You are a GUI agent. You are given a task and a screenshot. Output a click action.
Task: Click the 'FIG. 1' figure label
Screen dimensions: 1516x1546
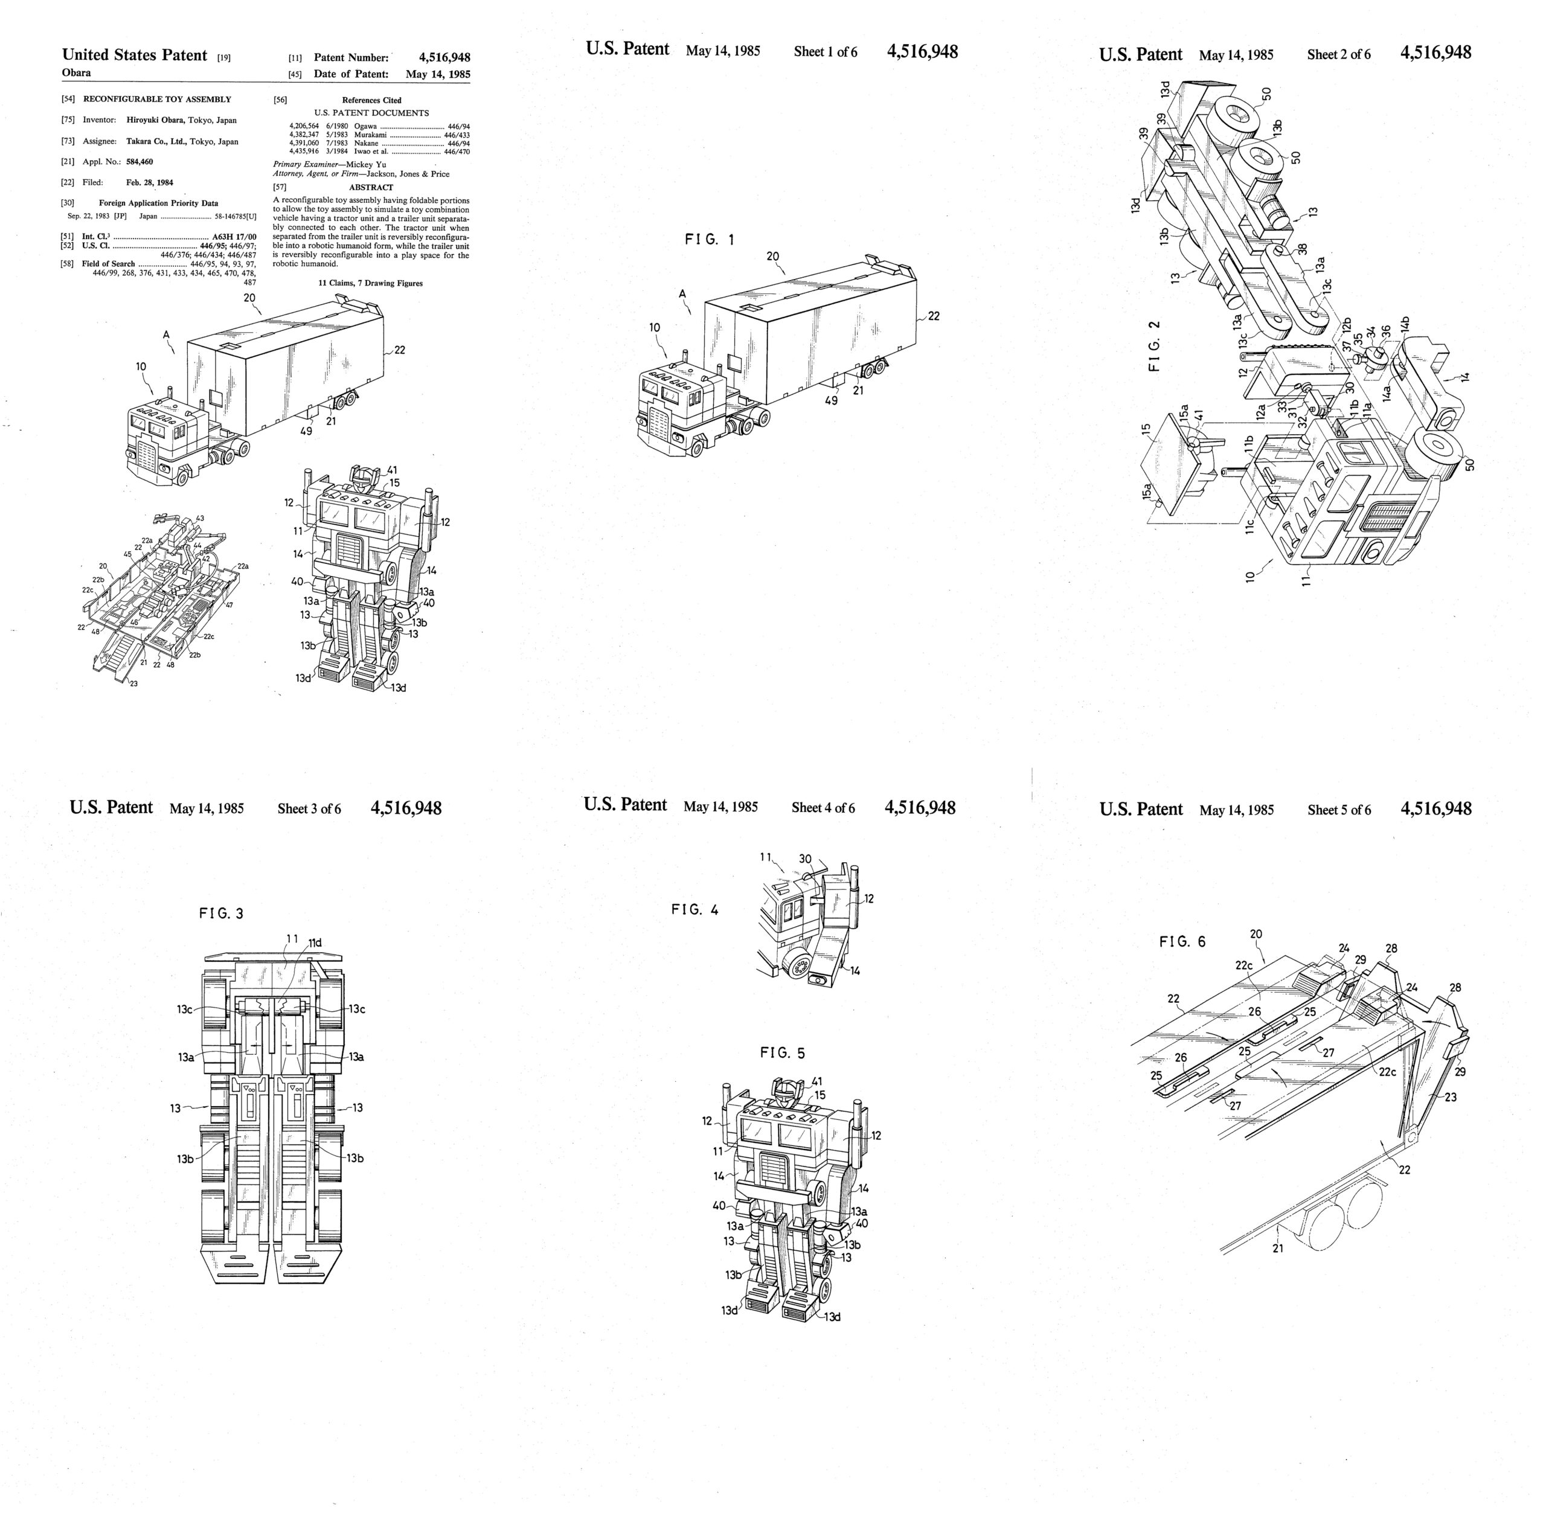[x=710, y=240]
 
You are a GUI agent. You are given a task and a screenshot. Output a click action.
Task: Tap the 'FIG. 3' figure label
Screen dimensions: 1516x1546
[x=222, y=913]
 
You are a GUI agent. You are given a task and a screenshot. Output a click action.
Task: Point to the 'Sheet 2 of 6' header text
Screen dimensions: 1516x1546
[x=1339, y=55]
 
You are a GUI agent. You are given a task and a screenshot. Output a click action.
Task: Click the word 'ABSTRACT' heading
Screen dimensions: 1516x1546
[x=371, y=187]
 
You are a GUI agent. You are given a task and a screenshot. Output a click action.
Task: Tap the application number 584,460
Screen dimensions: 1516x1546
[x=140, y=162]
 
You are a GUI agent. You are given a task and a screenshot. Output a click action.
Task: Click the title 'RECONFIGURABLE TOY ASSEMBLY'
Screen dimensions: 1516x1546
[x=158, y=100]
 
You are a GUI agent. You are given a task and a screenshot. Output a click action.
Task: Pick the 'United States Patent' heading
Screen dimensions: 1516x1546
[x=134, y=55]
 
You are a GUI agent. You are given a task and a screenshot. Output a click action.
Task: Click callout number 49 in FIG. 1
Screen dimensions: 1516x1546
[x=831, y=400]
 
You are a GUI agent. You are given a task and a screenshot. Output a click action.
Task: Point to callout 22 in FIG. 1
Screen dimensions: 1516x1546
[x=934, y=316]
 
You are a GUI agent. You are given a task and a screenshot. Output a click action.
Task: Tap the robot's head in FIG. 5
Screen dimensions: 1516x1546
[x=786, y=1090]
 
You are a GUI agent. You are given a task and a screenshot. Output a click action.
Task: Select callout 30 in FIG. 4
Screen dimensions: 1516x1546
[x=805, y=859]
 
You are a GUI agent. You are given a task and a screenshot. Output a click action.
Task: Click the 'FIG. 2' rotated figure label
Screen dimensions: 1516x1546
[x=1154, y=345]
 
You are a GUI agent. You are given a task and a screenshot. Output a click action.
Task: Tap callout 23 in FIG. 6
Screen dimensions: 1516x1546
[x=1451, y=1097]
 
